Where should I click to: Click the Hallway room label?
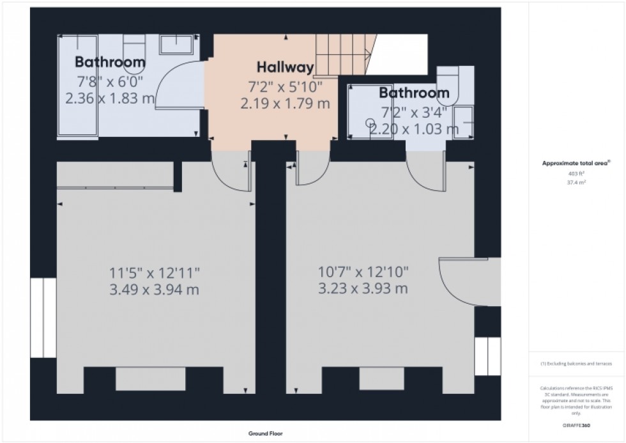coord(285,67)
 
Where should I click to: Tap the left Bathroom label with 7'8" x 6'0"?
coord(110,62)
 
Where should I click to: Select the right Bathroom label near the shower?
coord(414,93)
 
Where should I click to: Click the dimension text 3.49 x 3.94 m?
coord(154,289)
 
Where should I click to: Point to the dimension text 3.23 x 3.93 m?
coord(363,289)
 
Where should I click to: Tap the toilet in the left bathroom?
coord(134,51)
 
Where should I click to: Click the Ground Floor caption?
coord(264,433)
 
